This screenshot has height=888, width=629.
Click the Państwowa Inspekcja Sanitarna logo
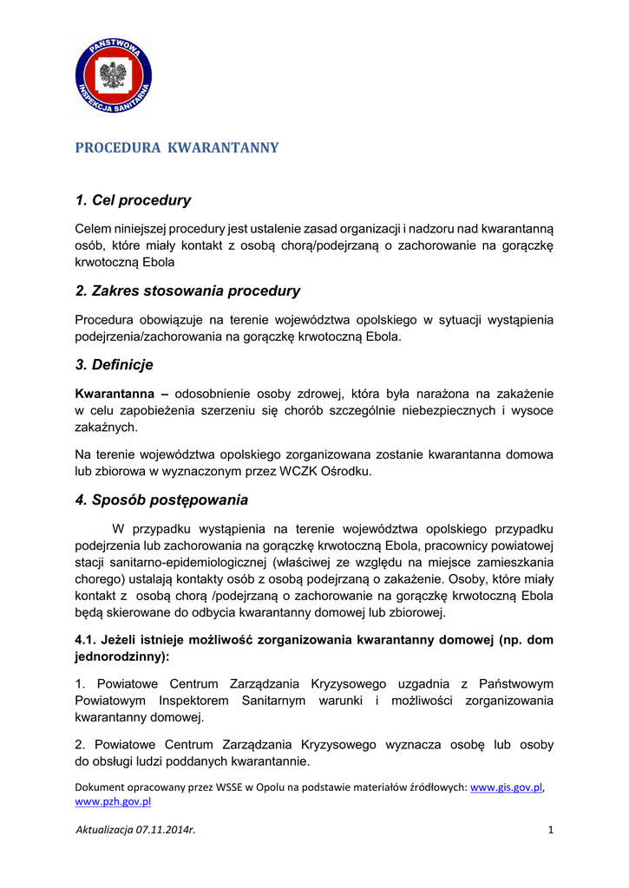(x=114, y=75)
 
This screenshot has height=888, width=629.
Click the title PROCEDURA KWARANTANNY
(x=177, y=147)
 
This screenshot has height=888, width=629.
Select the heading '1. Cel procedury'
(x=133, y=200)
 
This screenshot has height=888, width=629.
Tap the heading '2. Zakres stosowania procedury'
(x=187, y=291)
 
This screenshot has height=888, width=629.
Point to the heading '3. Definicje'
(x=114, y=365)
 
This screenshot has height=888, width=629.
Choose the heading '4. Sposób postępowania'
(x=161, y=499)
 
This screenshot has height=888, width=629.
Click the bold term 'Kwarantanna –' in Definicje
(x=109, y=394)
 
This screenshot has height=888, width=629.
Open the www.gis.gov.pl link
(x=506, y=787)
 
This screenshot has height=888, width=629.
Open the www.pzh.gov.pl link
(x=114, y=802)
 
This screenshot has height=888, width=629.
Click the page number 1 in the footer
(x=550, y=830)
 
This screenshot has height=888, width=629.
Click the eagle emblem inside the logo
(x=113, y=76)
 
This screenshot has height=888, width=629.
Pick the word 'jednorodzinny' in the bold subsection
(x=121, y=656)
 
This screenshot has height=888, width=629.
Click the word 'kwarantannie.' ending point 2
(x=271, y=761)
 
